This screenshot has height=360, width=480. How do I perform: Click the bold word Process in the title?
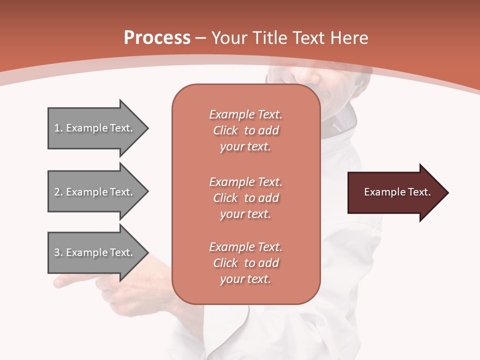tap(157, 38)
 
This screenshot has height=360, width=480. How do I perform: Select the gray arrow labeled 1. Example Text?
tap(95, 128)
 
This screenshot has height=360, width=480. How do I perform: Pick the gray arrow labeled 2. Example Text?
tap(95, 192)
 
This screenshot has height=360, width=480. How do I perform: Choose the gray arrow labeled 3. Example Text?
tap(95, 252)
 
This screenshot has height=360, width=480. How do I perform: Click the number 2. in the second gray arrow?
tap(58, 192)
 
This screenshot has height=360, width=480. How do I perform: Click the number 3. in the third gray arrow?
tap(58, 252)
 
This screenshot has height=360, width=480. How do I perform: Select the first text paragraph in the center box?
tap(245, 130)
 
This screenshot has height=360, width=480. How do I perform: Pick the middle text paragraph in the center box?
tap(245, 198)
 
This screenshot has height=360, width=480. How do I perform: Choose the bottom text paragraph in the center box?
tap(245, 263)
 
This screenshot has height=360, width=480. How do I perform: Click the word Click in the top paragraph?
tap(225, 130)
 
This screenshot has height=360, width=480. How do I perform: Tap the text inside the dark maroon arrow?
tap(397, 192)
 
